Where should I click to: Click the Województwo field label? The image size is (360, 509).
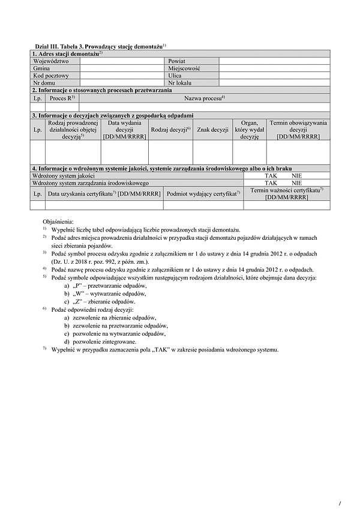[x=52, y=61]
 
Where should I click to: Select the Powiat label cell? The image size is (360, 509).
[x=176, y=61]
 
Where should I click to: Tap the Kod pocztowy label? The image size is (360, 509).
[x=51, y=76]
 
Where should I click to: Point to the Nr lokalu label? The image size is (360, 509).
[x=179, y=83]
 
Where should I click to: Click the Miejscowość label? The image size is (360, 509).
[x=184, y=69]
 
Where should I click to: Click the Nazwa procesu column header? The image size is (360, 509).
[x=204, y=98]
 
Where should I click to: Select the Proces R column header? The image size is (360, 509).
[x=62, y=98]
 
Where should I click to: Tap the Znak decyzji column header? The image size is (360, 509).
[x=212, y=129]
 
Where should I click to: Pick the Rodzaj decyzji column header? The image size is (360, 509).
[x=170, y=129]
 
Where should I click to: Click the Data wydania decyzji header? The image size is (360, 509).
[x=125, y=129]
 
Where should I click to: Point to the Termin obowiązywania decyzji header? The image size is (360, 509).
[x=298, y=129]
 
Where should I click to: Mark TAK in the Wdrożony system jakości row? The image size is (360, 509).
[x=271, y=176]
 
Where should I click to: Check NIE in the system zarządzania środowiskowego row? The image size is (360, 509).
[x=297, y=183]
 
